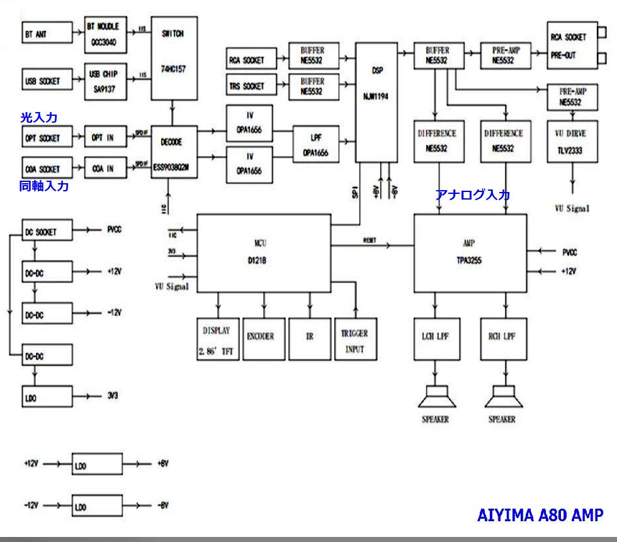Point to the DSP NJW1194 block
tap(377, 102)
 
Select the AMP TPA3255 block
tap(470, 252)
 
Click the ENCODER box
tap(263, 337)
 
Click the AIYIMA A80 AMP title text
tap(540, 515)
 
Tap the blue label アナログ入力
tap(472, 195)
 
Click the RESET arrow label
tap(370, 240)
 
